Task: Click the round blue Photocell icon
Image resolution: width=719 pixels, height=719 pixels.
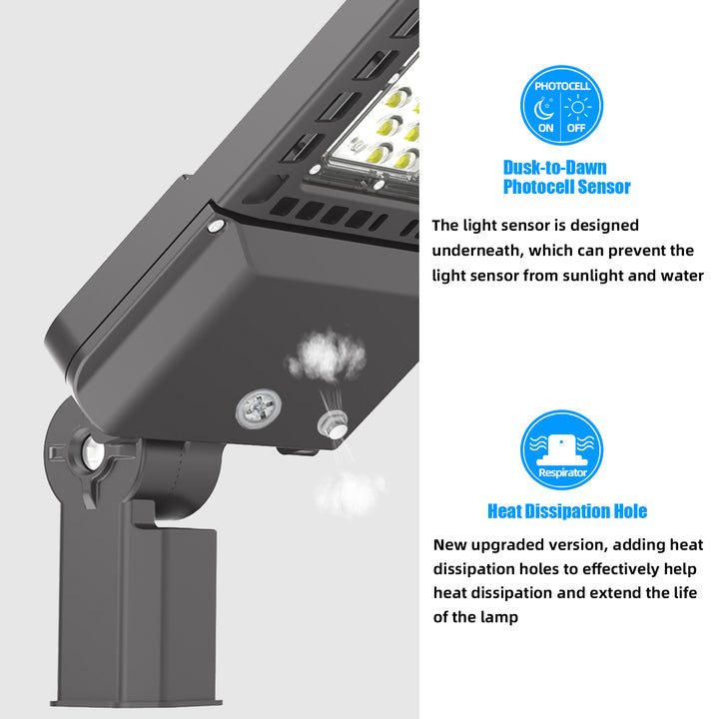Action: click(x=561, y=105)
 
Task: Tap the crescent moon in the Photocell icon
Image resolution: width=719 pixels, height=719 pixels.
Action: click(x=544, y=109)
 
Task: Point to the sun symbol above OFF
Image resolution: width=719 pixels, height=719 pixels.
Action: click(x=578, y=107)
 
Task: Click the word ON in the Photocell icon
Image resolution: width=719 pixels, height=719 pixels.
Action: click(x=545, y=128)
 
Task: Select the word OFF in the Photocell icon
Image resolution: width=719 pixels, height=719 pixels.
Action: click(x=576, y=128)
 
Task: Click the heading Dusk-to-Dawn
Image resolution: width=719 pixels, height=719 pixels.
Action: click(x=555, y=168)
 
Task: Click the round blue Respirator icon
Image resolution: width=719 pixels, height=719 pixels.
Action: click(x=561, y=449)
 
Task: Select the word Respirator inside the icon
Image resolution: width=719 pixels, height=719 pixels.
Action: click(x=562, y=472)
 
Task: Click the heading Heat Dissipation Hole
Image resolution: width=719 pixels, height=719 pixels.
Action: click(x=567, y=511)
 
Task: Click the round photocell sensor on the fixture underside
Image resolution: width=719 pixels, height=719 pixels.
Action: click(x=259, y=407)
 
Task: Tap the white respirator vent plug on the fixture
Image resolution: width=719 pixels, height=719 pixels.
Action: click(x=333, y=424)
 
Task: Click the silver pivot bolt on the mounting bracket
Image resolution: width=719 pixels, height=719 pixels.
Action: click(x=92, y=453)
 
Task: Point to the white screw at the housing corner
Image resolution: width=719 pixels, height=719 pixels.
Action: click(x=216, y=225)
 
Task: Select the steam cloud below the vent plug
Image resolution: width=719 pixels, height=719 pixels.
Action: click(x=350, y=494)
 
